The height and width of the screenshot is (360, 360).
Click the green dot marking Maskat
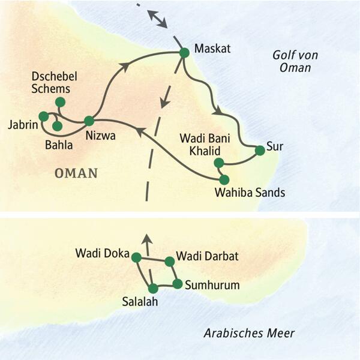(184, 53)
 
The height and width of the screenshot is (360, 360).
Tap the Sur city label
(275, 146)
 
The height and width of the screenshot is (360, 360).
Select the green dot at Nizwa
(89, 121)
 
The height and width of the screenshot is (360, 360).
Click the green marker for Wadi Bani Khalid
(219, 163)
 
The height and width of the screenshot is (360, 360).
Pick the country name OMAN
(76, 173)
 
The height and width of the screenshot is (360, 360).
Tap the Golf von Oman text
(295, 61)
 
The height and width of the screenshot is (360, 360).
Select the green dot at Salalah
(154, 288)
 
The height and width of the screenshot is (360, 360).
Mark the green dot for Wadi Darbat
(170, 261)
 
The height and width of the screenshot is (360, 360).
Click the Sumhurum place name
(212, 285)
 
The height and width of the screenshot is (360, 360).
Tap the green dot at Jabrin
(43, 116)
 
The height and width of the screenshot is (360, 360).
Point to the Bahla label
(60, 145)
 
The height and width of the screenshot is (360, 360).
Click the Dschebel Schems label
(52, 83)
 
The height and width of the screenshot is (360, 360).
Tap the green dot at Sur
(259, 151)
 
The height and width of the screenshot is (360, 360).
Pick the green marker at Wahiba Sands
(224, 179)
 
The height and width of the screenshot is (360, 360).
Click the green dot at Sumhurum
(178, 283)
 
